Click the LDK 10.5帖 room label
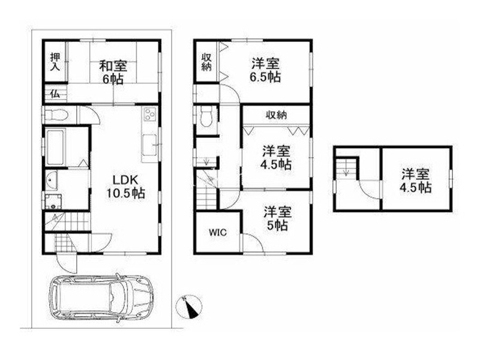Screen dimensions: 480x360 point(125,187)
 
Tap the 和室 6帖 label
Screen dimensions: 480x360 point(113,73)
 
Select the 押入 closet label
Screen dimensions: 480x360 point(55,62)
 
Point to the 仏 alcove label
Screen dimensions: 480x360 point(55,94)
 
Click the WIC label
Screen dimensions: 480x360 point(218,232)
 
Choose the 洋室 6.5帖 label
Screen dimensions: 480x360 point(265,70)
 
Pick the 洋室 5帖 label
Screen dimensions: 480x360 point(277,218)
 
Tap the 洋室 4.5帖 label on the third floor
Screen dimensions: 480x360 point(416,181)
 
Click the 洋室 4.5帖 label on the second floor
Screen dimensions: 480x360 point(276,158)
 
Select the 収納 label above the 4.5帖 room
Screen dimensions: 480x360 point(276,115)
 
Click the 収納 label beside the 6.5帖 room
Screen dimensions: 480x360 point(206,62)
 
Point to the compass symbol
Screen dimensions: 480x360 point(188,307)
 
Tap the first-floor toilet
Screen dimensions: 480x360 point(56,115)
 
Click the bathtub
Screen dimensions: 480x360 point(55,147)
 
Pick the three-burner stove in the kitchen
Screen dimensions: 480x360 point(150,115)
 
